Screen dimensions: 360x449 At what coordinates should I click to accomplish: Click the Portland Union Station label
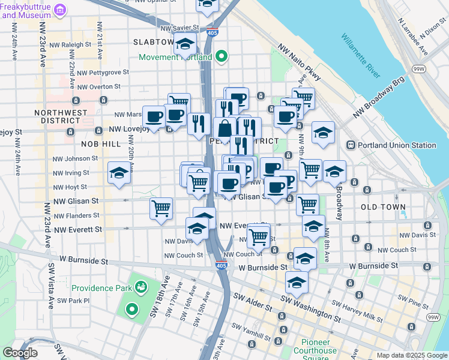(x=397, y=145)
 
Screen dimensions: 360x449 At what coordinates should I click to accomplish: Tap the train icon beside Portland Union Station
(x=351, y=145)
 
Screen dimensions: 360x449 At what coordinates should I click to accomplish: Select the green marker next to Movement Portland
(x=221, y=58)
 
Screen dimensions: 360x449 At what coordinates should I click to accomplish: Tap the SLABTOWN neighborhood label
(x=153, y=43)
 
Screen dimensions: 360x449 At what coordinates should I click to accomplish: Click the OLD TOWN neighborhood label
(x=383, y=207)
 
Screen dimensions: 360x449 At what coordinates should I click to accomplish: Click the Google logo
(x=20, y=353)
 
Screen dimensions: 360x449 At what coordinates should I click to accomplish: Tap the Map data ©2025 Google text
(x=412, y=355)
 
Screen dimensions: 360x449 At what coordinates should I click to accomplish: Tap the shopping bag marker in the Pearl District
(x=224, y=128)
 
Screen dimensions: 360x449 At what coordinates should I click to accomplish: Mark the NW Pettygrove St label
(x=103, y=72)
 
